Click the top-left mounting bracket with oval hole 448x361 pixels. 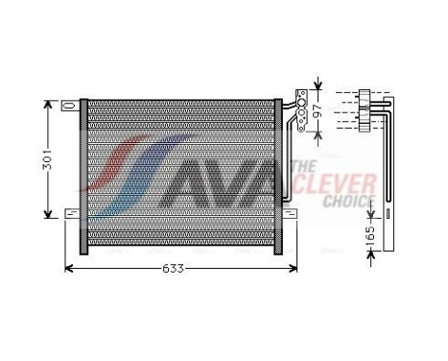click(x=70, y=104)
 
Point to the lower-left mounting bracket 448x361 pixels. click(x=72, y=212)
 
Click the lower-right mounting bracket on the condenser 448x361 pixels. click(x=286, y=212)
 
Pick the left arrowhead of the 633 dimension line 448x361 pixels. click(x=67, y=269)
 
